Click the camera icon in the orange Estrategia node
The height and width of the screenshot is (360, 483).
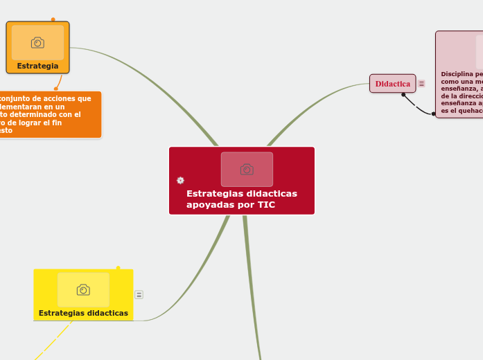pos(37,43)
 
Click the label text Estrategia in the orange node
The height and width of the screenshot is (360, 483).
pos(37,66)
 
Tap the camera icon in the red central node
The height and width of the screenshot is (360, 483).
pos(247,169)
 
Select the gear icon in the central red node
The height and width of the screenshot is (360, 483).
pos(180,180)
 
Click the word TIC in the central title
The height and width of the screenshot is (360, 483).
pos(266,205)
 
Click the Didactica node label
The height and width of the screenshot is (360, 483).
pos(392,84)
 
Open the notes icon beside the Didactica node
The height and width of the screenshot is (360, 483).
pos(421,84)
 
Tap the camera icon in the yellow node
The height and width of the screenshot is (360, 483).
pos(83,289)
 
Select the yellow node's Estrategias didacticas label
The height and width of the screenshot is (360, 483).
pos(83,313)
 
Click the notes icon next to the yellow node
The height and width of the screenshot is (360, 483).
pos(139,295)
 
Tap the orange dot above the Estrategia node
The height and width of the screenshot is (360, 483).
pos(53,19)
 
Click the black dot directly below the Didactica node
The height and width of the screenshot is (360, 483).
pos(403,95)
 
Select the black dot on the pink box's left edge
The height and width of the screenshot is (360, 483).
pos(434,114)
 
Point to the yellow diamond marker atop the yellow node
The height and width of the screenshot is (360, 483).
pos(118,268)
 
